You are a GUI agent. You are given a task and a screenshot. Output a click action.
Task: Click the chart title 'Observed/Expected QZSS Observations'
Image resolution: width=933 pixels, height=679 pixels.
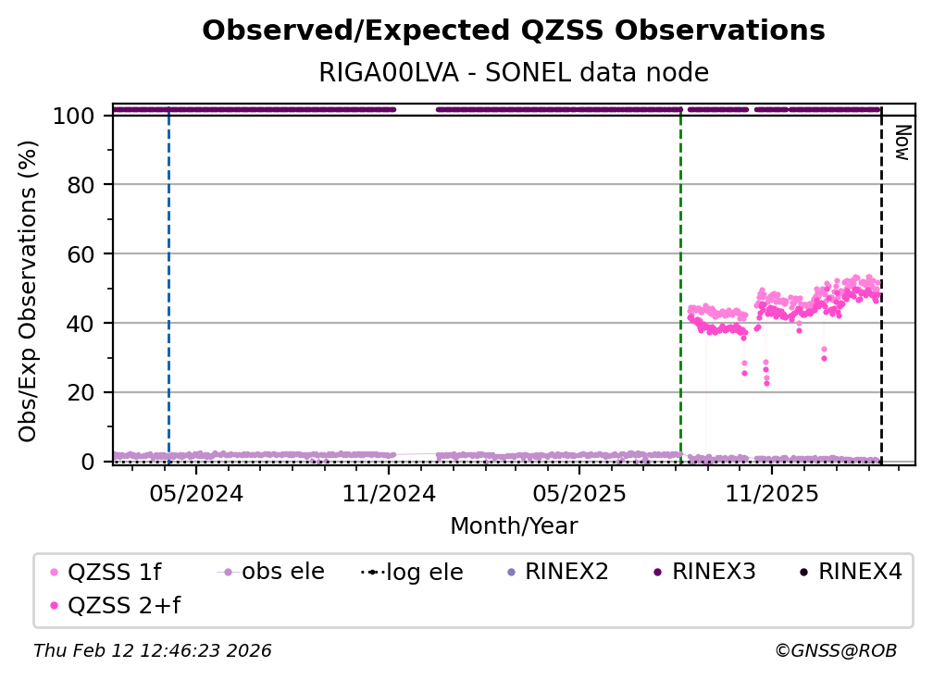513,31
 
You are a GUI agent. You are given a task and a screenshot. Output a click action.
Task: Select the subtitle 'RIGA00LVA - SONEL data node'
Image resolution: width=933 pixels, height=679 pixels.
513,72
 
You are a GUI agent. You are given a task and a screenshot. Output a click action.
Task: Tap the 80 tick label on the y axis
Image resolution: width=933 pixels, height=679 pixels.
81,185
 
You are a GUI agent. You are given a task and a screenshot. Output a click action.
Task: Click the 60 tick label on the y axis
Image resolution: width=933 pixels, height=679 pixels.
81,254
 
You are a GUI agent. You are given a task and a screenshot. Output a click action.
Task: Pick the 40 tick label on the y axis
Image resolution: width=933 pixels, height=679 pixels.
81,324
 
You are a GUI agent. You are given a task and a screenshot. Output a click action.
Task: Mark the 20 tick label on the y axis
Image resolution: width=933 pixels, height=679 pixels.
81,392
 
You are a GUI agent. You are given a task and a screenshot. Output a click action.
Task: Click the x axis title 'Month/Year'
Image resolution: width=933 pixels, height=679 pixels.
514,526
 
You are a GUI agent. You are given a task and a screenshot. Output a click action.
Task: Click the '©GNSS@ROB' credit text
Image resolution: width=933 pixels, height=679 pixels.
835,651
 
